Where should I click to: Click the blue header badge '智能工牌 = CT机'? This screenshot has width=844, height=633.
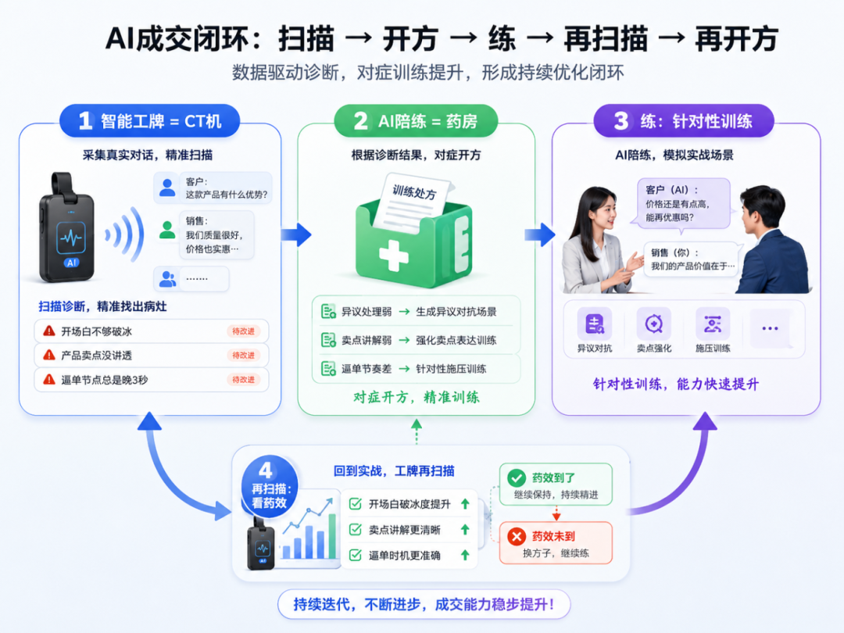point(149,120)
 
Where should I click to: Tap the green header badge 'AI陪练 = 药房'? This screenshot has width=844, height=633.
point(416,120)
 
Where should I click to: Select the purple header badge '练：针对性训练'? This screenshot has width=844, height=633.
point(684,120)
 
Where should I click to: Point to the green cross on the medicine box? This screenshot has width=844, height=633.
point(393,256)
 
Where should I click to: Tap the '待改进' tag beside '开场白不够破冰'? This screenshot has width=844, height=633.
point(243,331)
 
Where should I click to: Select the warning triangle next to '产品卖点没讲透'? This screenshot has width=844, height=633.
point(49,355)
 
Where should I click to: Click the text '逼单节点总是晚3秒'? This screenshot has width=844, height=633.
point(105,380)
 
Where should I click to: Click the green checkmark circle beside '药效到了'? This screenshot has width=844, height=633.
point(517,477)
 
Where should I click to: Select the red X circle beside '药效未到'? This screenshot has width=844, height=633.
point(517,536)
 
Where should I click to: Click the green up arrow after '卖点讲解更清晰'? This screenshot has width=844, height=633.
point(465,530)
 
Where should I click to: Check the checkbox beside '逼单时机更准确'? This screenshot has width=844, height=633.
point(356,555)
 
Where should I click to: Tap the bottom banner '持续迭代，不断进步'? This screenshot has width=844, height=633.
point(424,604)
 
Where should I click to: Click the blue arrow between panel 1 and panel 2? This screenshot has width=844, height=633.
point(297,234)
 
